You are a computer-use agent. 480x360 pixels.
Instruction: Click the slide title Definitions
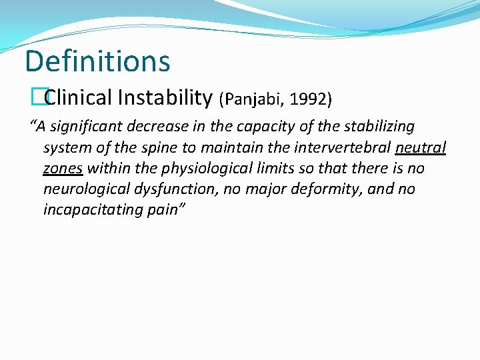(97, 61)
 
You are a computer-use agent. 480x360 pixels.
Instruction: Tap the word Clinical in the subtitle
(79, 98)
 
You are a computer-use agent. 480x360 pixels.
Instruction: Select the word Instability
(164, 98)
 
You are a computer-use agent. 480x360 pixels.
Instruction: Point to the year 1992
(309, 99)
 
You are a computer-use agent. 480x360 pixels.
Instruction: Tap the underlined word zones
(63, 168)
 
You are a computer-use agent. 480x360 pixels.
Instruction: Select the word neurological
(83, 189)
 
